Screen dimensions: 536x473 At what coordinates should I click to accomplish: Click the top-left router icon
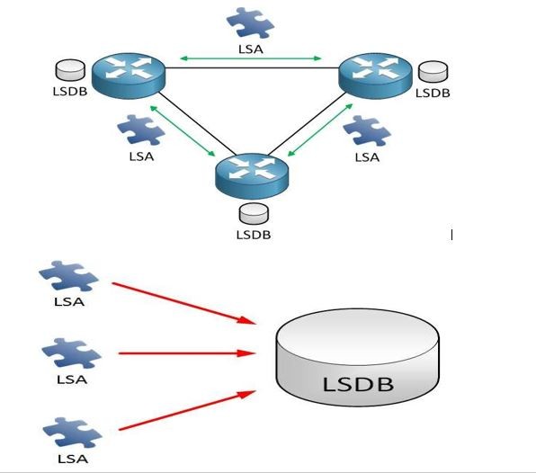[x=129, y=76]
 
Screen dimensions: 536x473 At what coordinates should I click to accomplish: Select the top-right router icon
[x=375, y=76]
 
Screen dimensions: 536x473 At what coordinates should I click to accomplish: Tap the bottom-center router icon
[x=252, y=176]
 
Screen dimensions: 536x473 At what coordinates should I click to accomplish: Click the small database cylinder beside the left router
[x=70, y=70]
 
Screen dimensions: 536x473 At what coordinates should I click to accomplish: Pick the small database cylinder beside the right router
[x=433, y=71]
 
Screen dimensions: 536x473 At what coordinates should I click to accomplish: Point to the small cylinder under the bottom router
[x=254, y=214]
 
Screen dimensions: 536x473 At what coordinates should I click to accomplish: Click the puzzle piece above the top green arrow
[x=250, y=22]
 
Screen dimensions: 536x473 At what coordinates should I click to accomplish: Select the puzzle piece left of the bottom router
[x=141, y=129]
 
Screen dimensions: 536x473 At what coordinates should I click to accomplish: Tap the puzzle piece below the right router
[x=367, y=131]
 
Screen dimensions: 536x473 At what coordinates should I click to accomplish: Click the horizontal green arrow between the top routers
[x=251, y=58]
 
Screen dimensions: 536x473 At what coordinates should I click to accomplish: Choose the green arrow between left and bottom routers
[x=183, y=131]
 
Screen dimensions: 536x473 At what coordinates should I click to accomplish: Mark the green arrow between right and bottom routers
[x=320, y=129]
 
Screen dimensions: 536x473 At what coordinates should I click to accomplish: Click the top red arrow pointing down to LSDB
[x=183, y=303]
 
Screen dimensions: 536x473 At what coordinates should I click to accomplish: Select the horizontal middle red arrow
[x=187, y=353]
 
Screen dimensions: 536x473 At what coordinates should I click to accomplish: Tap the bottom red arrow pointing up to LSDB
[x=187, y=410]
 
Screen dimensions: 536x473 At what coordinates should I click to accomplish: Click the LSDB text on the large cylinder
[x=358, y=384]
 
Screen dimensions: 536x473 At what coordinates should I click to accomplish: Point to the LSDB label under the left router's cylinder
[x=70, y=92]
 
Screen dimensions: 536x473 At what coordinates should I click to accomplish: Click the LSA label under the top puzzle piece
[x=251, y=49]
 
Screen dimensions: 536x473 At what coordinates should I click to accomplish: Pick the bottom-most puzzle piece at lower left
[x=72, y=433]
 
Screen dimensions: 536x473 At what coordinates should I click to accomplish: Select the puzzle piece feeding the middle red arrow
[x=71, y=353]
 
